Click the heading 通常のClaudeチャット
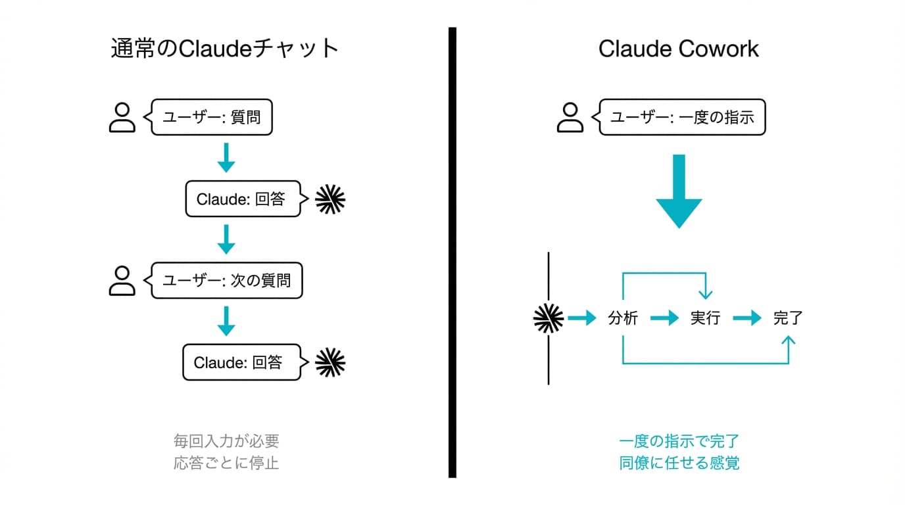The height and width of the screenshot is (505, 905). [225, 49]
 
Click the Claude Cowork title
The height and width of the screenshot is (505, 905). [678, 49]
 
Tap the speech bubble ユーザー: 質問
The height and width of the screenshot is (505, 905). [212, 118]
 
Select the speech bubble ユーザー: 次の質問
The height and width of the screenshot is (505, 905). [226, 281]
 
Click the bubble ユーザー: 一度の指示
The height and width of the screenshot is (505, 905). [681, 118]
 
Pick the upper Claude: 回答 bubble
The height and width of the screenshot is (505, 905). [243, 199]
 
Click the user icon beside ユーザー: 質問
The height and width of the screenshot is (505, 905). [122, 118]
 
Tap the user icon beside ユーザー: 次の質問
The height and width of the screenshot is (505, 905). [122, 281]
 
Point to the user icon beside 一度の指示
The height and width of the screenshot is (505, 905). [570, 118]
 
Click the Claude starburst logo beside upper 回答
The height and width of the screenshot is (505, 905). [330, 199]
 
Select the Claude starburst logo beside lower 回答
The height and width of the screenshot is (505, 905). [330, 362]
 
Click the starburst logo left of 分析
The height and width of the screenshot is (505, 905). [548, 319]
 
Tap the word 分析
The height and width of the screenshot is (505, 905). [622, 319]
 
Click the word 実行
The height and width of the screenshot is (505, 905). [705, 319]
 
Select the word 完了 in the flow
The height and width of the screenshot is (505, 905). [788, 319]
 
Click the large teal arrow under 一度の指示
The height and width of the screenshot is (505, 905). [679, 191]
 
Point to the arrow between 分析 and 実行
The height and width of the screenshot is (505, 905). [664, 319]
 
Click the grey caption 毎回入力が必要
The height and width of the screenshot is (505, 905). [226, 441]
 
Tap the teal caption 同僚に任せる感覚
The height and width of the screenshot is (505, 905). [679, 463]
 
